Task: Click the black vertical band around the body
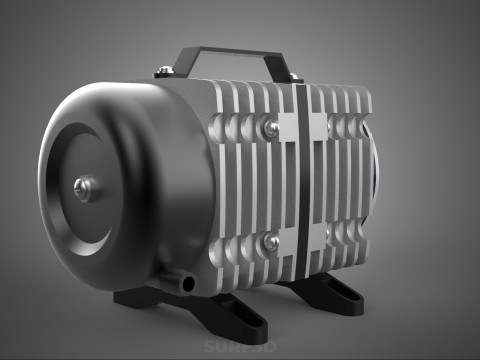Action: (x=298, y=180)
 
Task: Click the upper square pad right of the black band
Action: (x=320, y=125)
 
